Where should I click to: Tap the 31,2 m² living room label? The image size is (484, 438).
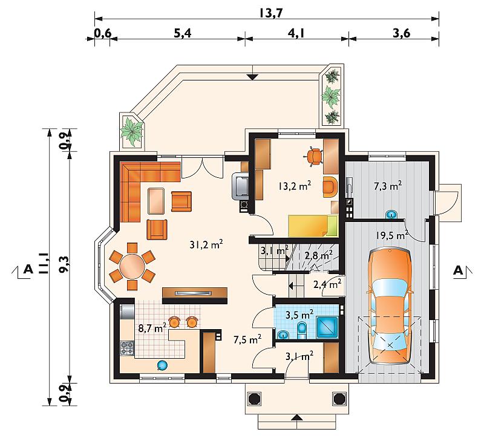click(x=206, y=245)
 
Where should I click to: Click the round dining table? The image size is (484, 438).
click(x=132, y=266)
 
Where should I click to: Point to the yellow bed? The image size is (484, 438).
click(x=313, y=226)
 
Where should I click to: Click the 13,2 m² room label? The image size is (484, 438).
click(x=294, y=186)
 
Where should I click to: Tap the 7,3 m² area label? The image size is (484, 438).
click(x=388, y=186)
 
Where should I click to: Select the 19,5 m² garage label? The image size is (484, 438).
click(x=392, y=235)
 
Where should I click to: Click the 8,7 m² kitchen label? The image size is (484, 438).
click(x=152, y=328)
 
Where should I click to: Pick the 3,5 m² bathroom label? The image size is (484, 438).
click(x=299, y=315)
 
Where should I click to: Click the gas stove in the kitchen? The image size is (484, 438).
click(x=127, y=348)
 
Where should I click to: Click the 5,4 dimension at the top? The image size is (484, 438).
click(x=183, y=33)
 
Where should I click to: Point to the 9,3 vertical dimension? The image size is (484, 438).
click(x=64, y=265)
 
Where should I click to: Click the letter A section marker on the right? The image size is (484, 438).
click(x=458, y=270)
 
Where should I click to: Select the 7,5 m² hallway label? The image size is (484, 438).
click(x=247, y=339)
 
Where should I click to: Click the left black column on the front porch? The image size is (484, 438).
click(x=255, y=399)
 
